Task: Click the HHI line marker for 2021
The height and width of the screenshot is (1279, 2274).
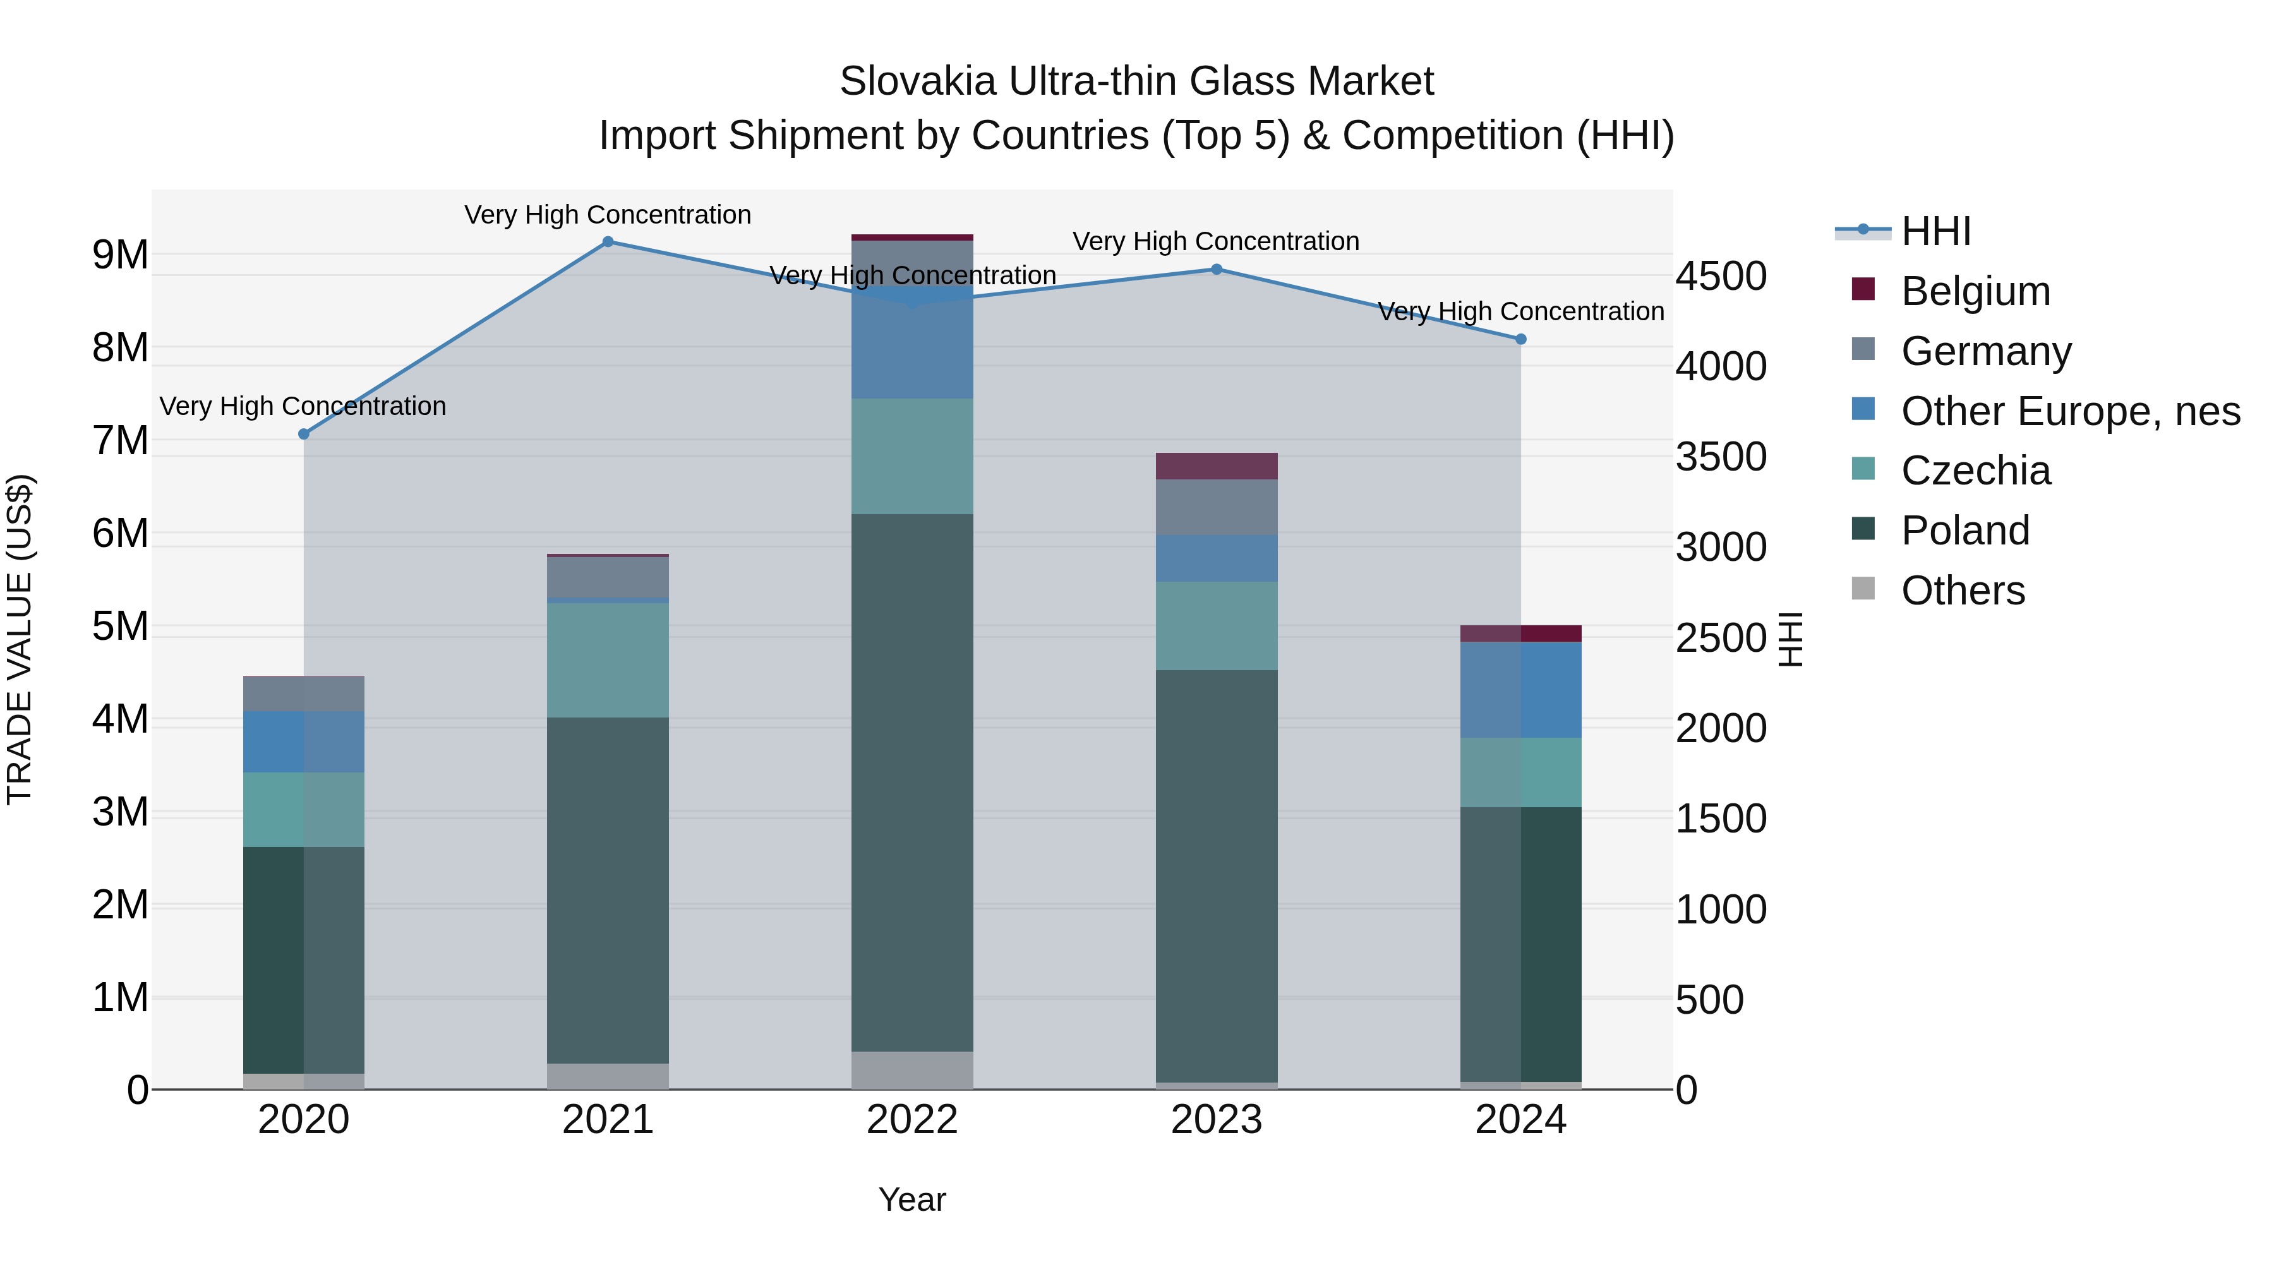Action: click(607, 242)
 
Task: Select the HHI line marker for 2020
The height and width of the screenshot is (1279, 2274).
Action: click(304, 435)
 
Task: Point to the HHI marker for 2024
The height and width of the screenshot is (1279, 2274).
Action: click(1520, 339)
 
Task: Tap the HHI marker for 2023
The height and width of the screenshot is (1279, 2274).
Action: click(1215, 269)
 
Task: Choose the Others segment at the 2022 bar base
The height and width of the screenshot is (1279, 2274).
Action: click(912, 1070)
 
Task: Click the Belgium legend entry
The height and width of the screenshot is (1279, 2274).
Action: click(1974, 291)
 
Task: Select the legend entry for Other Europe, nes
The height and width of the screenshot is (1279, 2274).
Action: click(2069, 411)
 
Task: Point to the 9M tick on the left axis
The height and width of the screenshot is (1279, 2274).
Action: click(120, 255)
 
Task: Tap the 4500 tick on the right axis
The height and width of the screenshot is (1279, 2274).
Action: click(1721, 276)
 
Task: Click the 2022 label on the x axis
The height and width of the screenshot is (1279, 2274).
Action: click(912, 1120)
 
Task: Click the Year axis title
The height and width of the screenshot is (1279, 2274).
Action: click(912, 1199)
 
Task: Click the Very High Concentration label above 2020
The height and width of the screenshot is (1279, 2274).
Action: click(303, 406)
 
